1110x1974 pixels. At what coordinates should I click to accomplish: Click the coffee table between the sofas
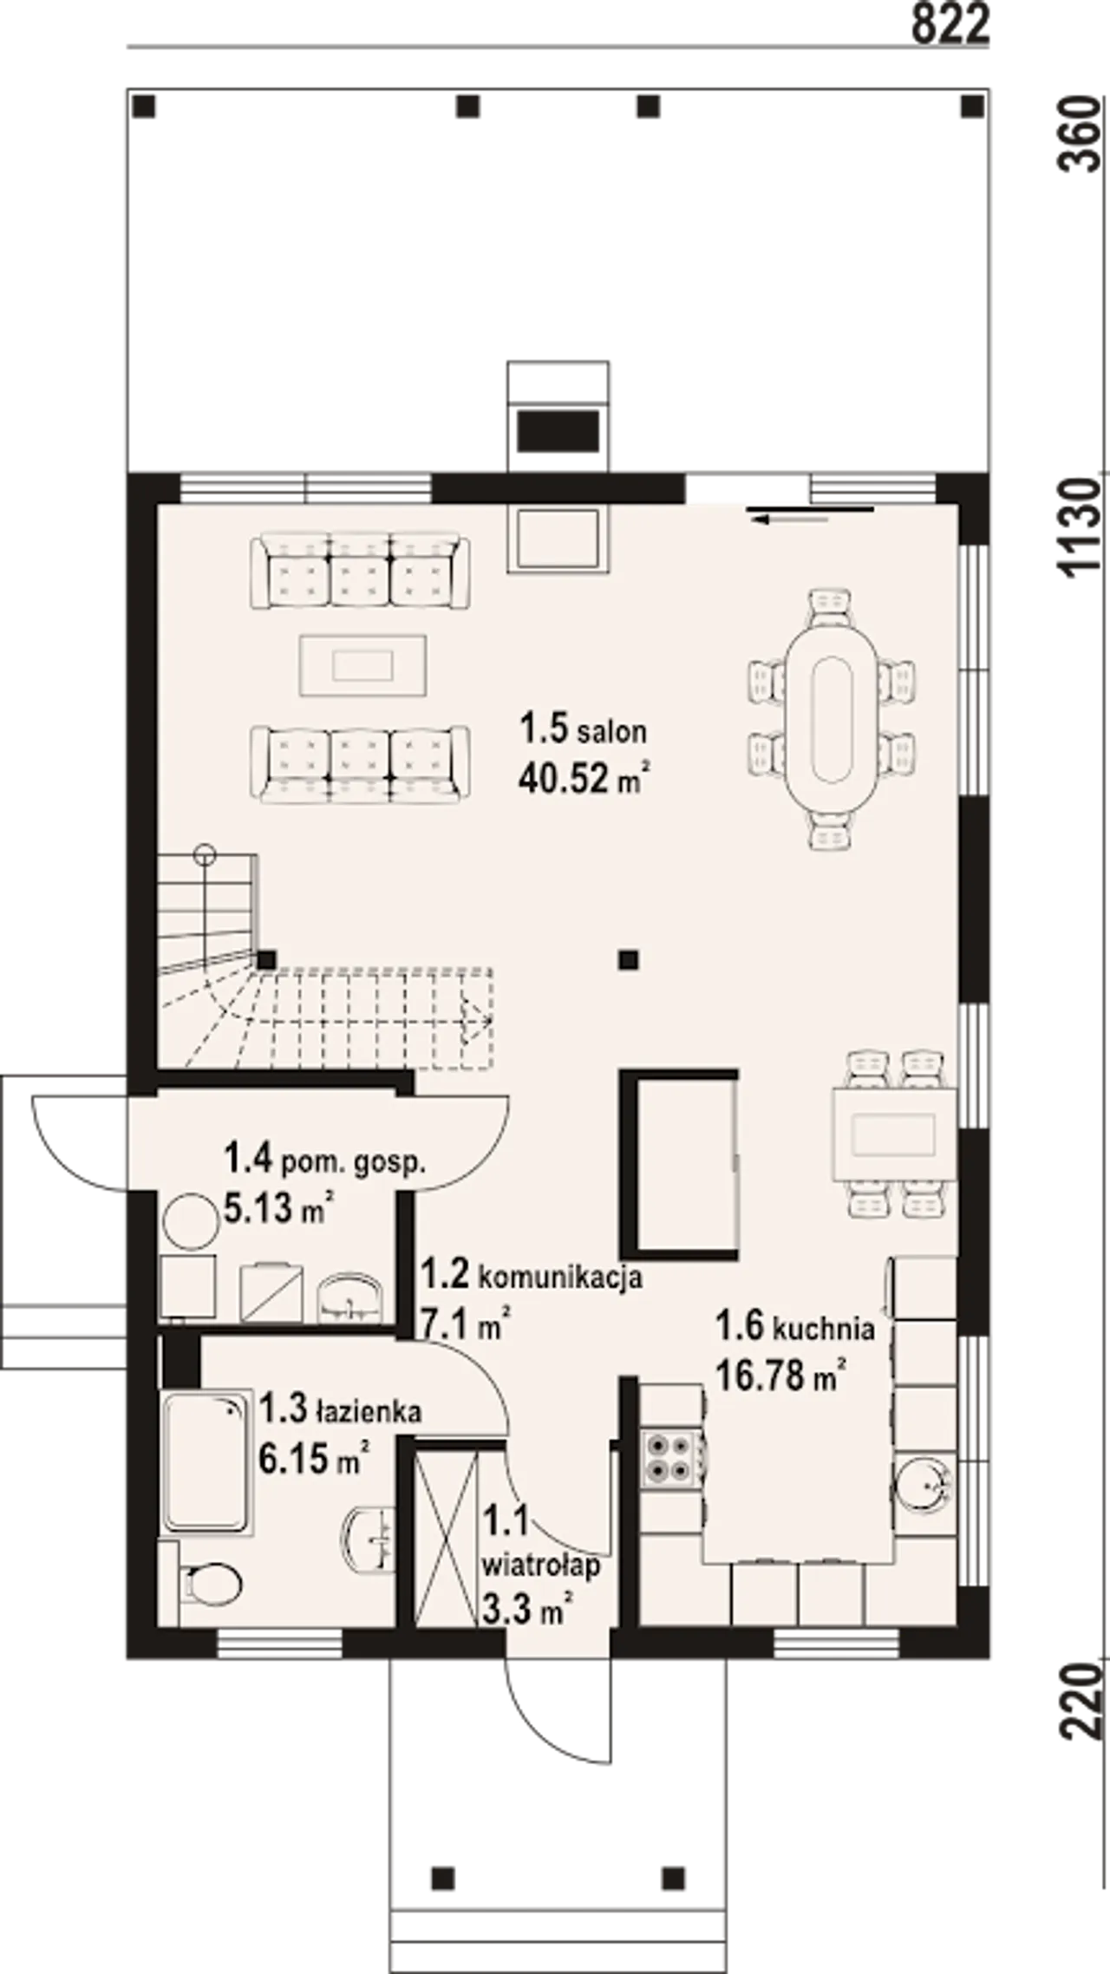point(363,665)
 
